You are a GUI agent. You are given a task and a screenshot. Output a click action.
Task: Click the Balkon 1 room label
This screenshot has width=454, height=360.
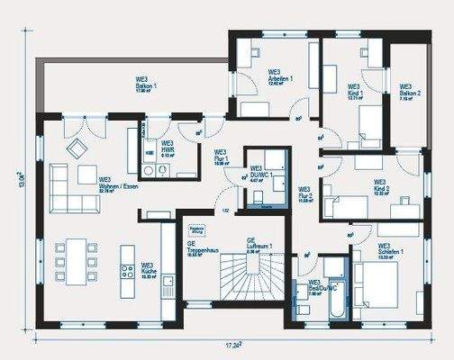point(146,85)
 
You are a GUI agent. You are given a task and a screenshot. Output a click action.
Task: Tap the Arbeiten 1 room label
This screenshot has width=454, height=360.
point(279,75)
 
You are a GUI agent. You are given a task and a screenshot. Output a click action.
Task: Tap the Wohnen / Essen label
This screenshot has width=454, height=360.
point(118,183)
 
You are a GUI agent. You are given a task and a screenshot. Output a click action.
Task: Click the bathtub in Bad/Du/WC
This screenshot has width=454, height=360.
point(334,292)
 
